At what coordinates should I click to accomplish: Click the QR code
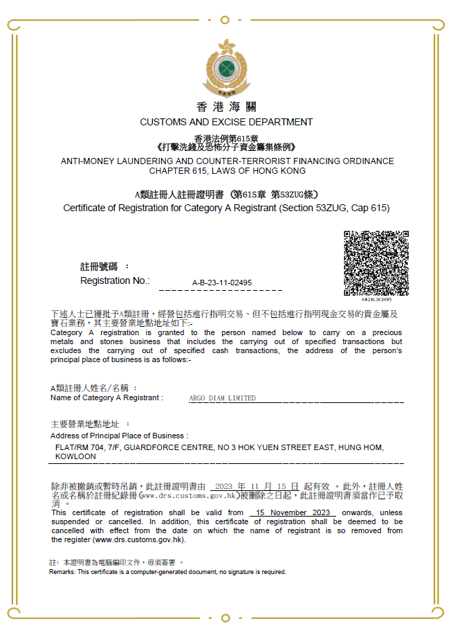[376, 263]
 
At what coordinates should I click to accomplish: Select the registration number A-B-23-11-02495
[221, 283]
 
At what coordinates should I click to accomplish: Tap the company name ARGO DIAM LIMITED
[222, 398]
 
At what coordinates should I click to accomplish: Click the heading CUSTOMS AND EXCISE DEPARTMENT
[226, 122]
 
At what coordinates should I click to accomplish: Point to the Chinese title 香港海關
[226, 107]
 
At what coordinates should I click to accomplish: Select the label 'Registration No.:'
[115, 280]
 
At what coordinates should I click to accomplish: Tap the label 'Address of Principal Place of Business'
[118, 436]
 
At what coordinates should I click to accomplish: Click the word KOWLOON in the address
[75, 456]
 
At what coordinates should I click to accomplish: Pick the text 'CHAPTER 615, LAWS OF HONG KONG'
[227, 170]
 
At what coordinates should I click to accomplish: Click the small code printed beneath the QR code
[376, 299]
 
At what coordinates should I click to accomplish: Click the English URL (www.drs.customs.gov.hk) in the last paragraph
[138, 539]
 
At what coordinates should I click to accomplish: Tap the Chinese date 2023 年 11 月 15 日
[257, 487]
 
